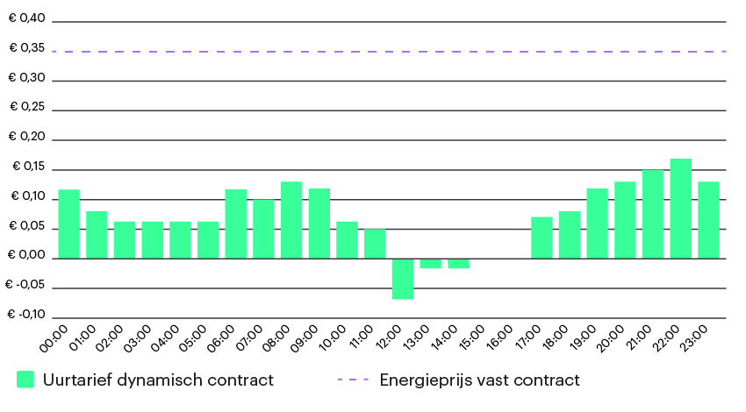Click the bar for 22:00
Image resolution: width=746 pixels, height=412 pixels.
click(x=681, y=209)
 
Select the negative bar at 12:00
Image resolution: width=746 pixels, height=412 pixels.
click(x=403, y=279)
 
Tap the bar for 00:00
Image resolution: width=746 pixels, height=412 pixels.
click(x=68, y=224)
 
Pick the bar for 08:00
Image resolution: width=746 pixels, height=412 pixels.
click(x=291, y=220)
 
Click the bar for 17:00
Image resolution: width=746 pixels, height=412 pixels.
click(x=542, y=238)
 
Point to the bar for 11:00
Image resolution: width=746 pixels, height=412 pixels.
click(x=375, y=244)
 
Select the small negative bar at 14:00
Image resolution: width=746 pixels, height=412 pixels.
click(x=458, y=263)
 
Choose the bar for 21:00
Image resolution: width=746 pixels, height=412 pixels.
click(x=653, y=214)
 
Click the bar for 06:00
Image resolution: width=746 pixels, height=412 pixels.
click(x=236, y=224)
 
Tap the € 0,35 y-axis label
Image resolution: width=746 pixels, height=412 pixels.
click(x=25, y=48)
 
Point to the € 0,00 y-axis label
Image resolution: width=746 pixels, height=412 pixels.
click(x=25, y=255)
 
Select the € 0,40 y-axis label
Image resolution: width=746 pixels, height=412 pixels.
click(x=25, y=18)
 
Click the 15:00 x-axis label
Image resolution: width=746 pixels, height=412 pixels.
click(x=474, y=337)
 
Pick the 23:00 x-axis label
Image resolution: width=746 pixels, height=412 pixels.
click(x=696, y=337)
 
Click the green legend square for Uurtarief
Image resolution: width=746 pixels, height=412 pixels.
click(x=25, y=380)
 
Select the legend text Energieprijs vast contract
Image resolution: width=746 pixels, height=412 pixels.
click(x=479, y=380)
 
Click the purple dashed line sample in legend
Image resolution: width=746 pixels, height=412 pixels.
click(x=353, y=380)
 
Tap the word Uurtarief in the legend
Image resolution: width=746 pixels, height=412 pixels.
click(x=74, y=380)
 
